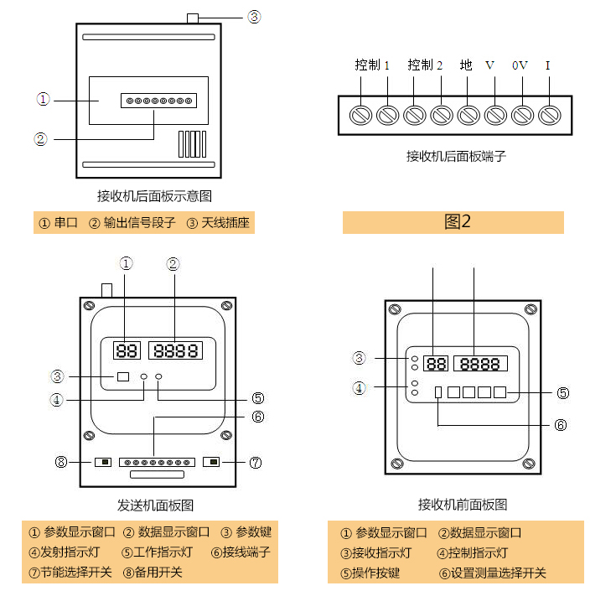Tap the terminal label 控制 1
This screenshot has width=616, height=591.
pyautogui.click(x=372, y=65)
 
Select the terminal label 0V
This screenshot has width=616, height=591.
pyautogui.click(x=520, y=65)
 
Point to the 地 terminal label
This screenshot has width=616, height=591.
pyautogui.click(x=466, y=65)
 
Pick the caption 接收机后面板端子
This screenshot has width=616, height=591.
pyautogui.click(x=456, y=156)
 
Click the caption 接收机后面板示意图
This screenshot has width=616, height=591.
pyautogui.click(x=154, y=197)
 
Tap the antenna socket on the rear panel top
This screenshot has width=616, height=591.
pyautogui.click(x=193, y=18)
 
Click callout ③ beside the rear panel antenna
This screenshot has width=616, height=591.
pyautogui.click(x=255, y=16)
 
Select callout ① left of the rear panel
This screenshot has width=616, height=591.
pyautogui.click(x=43, y=99)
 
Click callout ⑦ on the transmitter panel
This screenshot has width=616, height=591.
pyautogui.click(x=256, y=462)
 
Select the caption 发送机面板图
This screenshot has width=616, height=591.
pyautogui.click(x=156, y=505)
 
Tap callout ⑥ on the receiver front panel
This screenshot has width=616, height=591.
pyautogui.click(x=561, y=425)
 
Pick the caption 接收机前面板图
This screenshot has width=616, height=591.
pyautogui.click(x=463, y=505)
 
